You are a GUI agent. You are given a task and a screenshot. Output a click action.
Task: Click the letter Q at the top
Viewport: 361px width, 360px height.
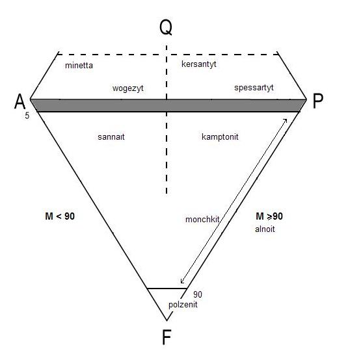[x=166, y=27]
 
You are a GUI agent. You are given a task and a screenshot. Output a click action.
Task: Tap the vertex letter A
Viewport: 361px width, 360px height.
[x=20, y=101]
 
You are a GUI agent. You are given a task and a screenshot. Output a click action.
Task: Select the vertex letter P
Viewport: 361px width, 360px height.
[x=318, y=101]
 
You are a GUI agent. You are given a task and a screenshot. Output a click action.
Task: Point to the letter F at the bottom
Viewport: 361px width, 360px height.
[x=167, y=337]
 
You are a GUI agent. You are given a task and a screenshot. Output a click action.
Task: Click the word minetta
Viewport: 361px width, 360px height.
[x=79, y=66]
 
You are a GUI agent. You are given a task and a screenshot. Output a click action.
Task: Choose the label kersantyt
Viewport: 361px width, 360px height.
[x=199, y=64]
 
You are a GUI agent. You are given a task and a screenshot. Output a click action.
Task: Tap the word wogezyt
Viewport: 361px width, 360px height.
[x=128, y=88]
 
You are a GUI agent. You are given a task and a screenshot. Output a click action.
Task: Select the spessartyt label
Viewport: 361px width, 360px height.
[x=254, y=88]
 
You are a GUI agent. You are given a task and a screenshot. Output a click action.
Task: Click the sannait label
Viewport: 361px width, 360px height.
[x=111, y=137]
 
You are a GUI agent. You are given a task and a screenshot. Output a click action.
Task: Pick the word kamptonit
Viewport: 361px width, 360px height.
[x=220, y=137]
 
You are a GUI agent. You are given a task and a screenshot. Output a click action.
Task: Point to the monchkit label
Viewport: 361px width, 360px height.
[x=202, y=220]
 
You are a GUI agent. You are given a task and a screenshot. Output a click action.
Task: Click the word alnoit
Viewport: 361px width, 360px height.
[x=265, y=229]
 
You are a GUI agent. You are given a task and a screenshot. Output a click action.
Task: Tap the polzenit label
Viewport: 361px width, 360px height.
[x=183, y=305]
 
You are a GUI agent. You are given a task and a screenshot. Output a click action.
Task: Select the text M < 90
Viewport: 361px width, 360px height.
[x=60, y=216]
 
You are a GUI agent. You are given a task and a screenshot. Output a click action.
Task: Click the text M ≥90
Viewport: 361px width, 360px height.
[x=269, y=216]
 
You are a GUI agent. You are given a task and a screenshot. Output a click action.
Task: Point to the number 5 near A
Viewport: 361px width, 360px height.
[x=27, y=116]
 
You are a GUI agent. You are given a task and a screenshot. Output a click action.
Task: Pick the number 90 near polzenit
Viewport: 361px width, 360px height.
[x=198, y=294]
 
